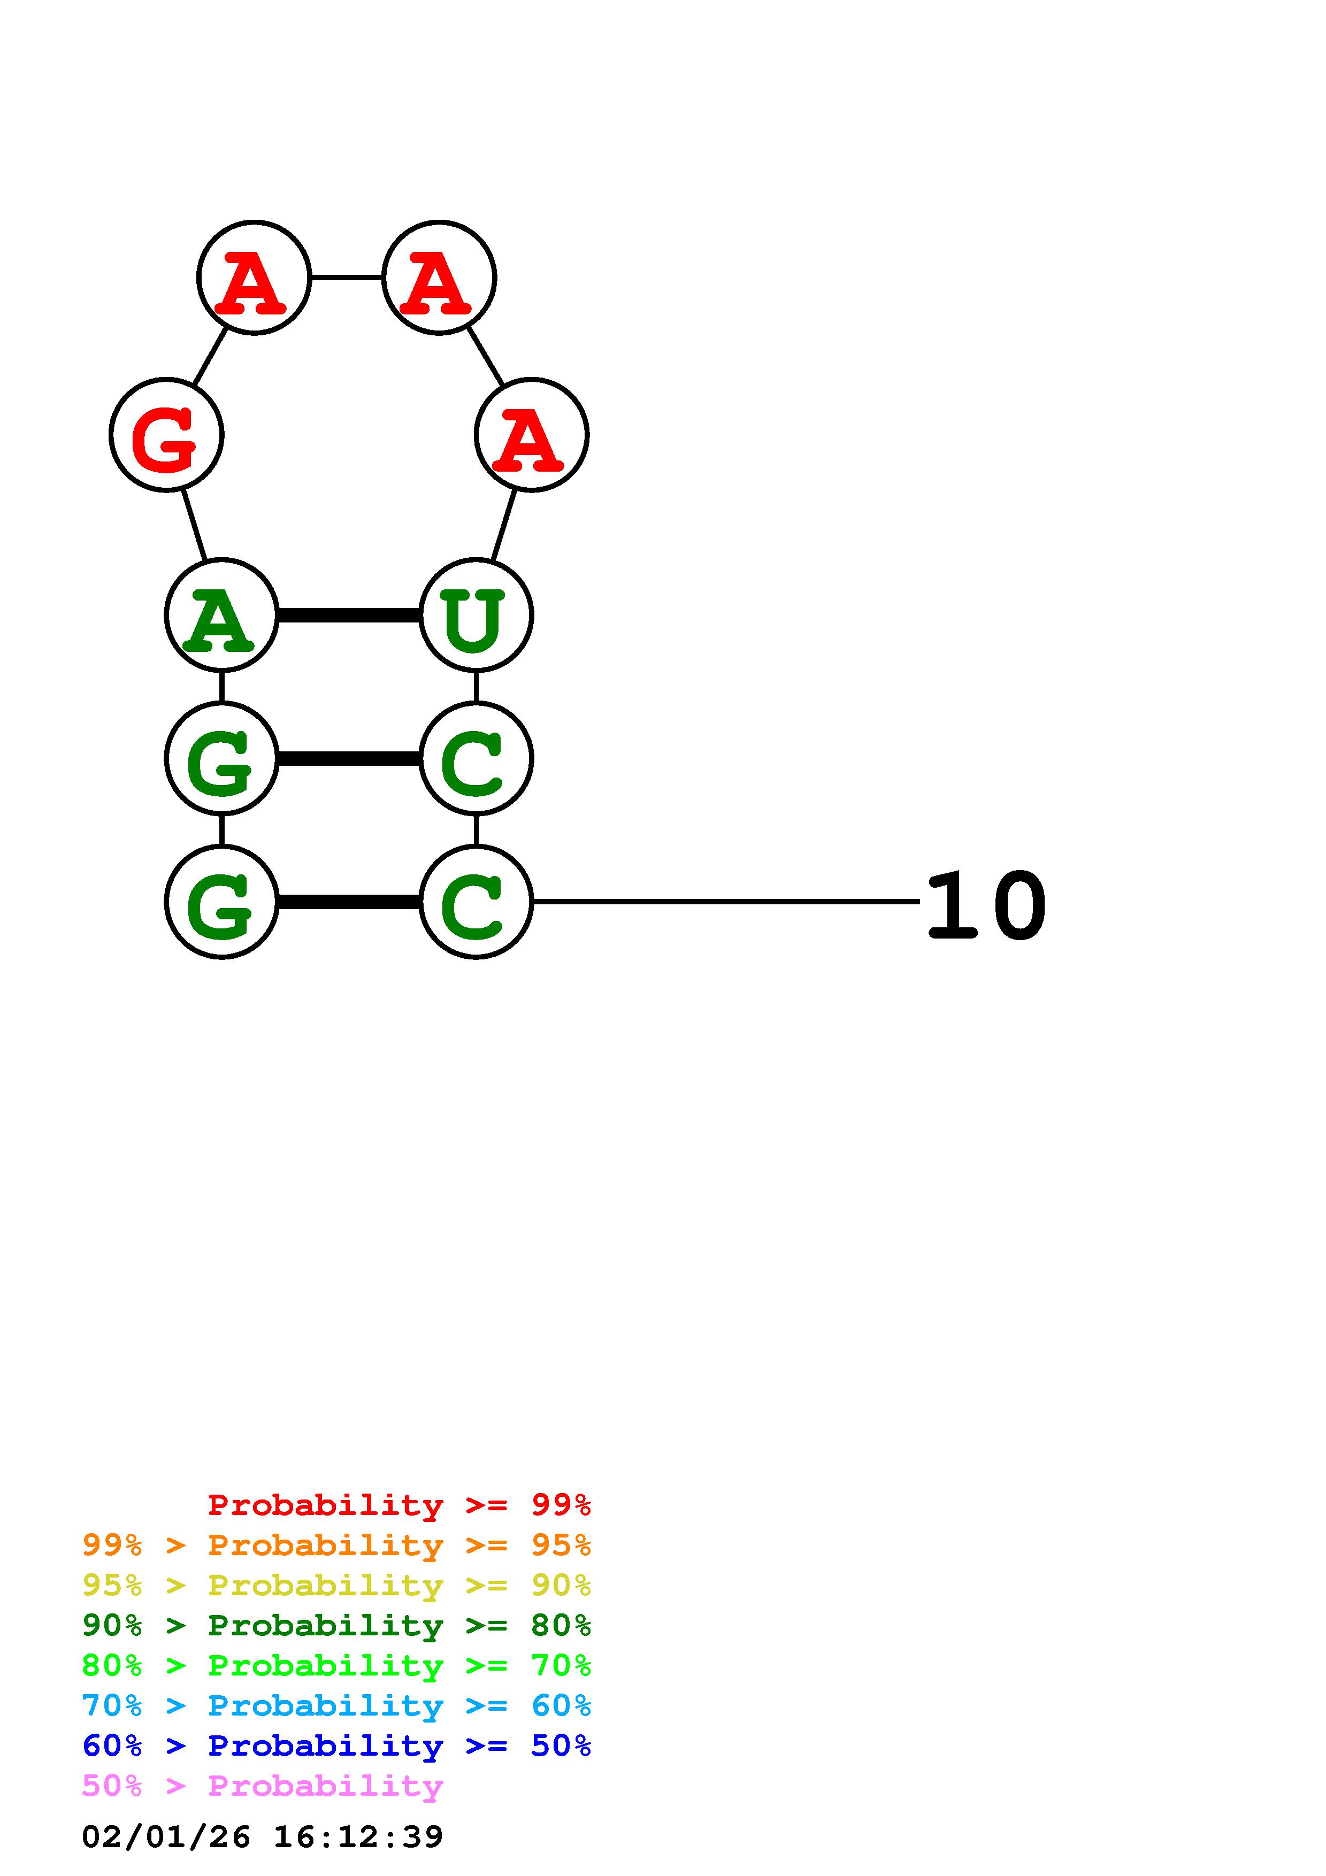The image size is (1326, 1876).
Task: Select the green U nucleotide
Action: click(x=476, y=615)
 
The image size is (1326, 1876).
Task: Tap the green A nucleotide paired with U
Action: click(x=221, y=615)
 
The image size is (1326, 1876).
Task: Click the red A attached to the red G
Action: click(x=254, y=278)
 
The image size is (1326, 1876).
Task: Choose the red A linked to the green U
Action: click(x=531, y=435)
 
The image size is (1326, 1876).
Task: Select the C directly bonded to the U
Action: click(x=476, y=758)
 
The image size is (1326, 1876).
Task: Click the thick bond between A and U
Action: click(x=349, y=615)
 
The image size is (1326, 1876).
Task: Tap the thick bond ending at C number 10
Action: click(x=349, y=902)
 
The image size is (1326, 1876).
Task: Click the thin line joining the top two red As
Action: click(x=347, y=278)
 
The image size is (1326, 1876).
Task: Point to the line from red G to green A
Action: click(x=195, y=525)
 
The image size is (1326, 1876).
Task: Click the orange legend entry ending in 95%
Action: click(x=336, y=1545)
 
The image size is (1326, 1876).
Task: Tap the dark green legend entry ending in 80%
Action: click(x=336, y=1625)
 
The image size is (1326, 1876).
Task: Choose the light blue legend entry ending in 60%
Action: click(x=336, y=1705)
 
